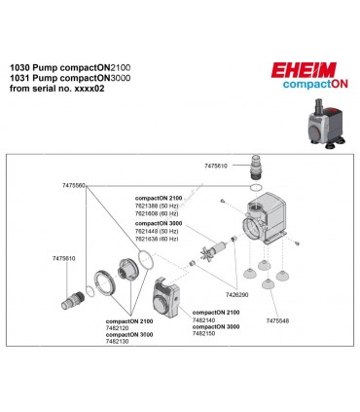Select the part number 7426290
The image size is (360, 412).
(235, 293)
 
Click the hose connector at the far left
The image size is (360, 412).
(79, 291)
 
